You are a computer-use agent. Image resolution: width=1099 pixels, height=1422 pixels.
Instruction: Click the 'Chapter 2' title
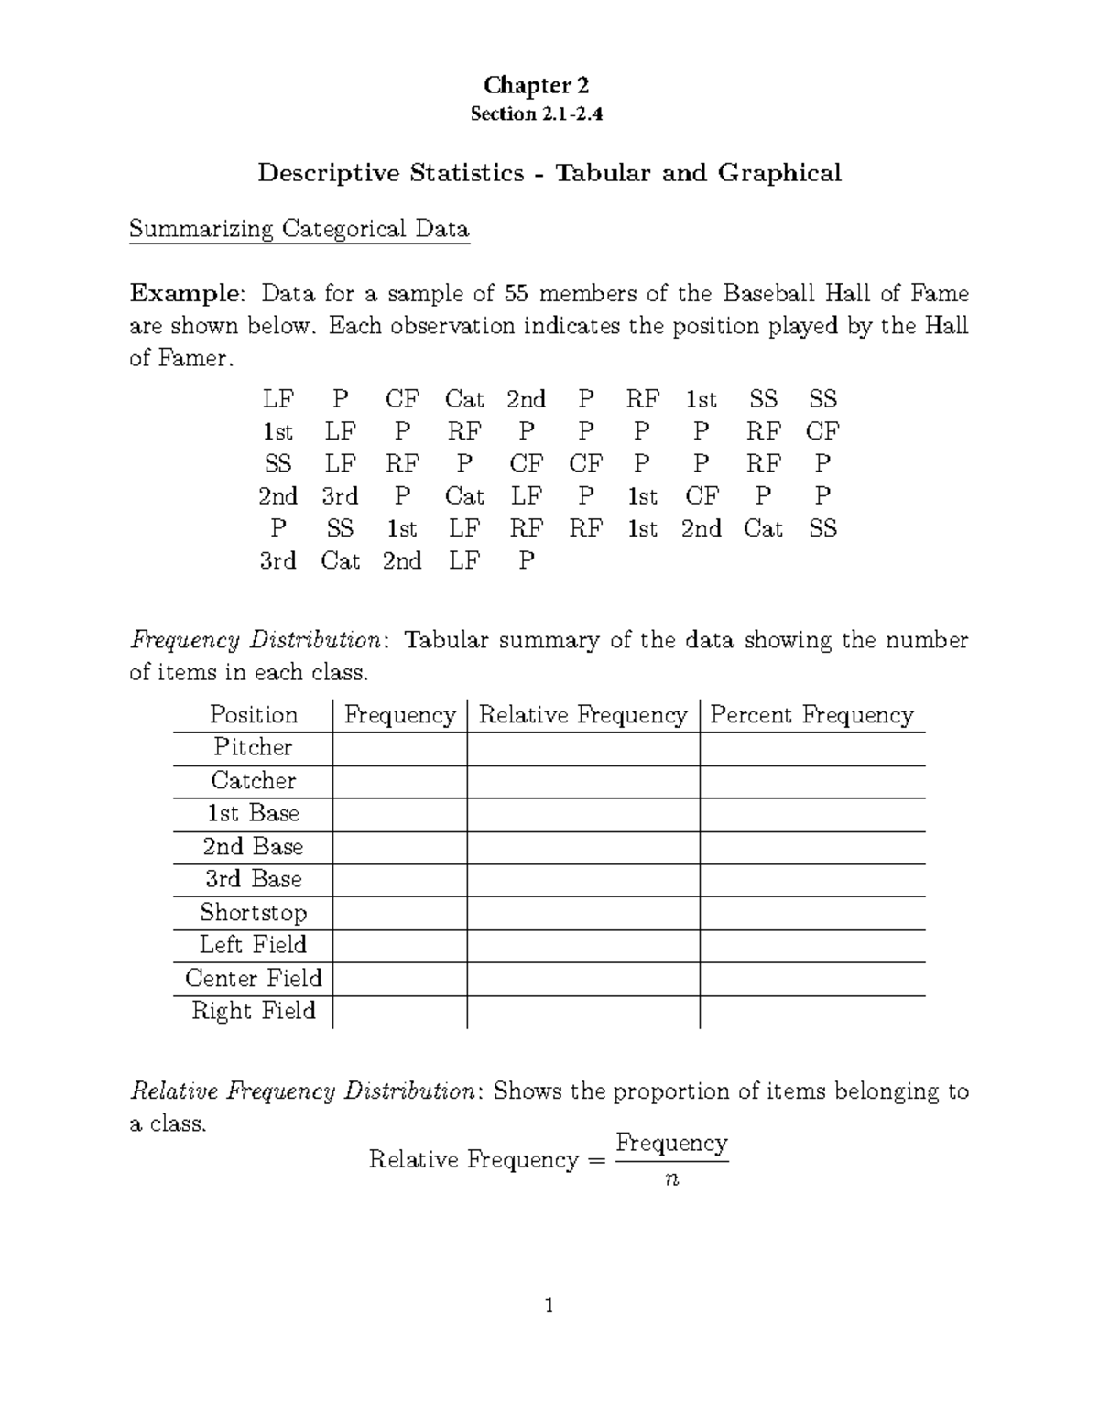537,86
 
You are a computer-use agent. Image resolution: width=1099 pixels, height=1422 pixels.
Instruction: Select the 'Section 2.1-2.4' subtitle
537,114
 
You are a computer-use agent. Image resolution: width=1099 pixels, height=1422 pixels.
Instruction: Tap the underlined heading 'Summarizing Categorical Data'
299,229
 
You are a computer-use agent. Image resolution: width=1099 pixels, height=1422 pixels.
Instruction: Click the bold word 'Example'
186,294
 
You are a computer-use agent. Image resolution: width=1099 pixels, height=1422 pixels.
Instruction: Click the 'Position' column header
254,715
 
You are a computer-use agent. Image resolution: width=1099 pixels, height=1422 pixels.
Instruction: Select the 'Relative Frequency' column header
582,715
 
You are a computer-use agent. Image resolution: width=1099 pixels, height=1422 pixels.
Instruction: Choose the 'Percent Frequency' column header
811,715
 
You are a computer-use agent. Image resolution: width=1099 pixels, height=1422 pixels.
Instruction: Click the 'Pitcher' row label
253,748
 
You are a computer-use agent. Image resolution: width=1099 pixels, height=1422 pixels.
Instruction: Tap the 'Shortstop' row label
254,913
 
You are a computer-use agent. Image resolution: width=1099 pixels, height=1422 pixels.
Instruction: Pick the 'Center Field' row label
254,979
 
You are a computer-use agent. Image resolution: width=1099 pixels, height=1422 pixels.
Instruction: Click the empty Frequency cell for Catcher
399,782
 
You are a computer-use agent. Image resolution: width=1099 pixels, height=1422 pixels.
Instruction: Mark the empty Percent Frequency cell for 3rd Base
811,880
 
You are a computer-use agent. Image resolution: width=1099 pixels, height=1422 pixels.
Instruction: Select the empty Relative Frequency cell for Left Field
582,946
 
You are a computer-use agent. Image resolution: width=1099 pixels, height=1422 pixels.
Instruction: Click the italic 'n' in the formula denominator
672,1180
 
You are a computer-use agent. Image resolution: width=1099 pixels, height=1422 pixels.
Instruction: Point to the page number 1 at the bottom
549,1306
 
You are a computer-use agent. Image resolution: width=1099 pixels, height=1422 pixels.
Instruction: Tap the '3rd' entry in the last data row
277,561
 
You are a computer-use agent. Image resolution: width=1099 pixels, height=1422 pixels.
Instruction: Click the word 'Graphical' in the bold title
779,173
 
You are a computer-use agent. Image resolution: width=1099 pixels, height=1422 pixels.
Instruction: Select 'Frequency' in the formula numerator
671,1143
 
